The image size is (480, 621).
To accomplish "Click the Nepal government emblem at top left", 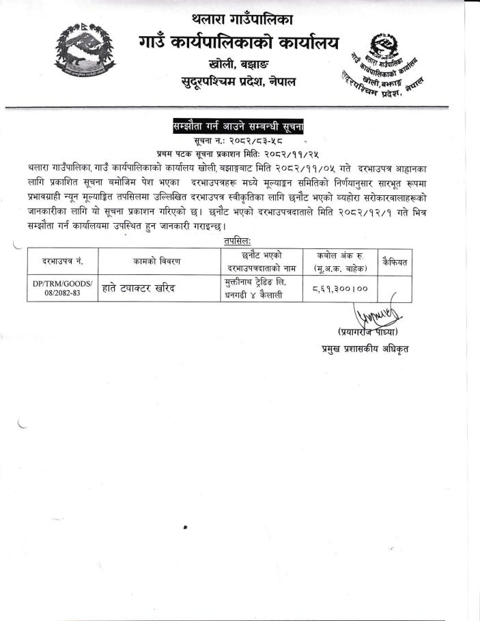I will [x=83, y=49].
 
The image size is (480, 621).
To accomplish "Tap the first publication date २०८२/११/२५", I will [x=290, y=154].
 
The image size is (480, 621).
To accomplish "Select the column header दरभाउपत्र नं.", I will [x=63, y=261].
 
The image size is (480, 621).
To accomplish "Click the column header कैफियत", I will [x=394, y=261].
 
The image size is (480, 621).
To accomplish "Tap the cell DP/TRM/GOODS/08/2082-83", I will [x=63, y=288].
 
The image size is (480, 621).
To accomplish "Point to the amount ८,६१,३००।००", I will [x=340, y=288].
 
